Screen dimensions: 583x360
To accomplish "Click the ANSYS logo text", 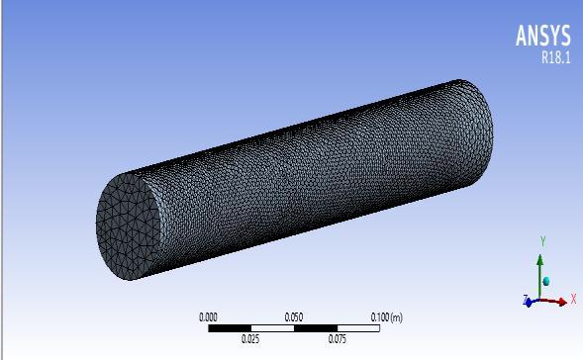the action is coord(542,36).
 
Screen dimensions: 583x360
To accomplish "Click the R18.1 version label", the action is coord(556,57).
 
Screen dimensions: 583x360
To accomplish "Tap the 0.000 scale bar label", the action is coord(208,317).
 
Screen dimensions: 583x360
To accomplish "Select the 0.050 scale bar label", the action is coord(294,317).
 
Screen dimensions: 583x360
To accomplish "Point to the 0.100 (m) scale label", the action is coord(387,317).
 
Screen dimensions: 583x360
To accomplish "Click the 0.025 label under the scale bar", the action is coord(250,339).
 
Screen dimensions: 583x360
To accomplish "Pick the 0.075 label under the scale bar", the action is coord(338,339).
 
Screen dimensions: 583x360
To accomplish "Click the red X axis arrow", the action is coord(553,302).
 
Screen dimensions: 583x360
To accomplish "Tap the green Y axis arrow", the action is coord(539,277).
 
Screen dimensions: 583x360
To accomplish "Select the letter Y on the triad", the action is coord(542,241).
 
